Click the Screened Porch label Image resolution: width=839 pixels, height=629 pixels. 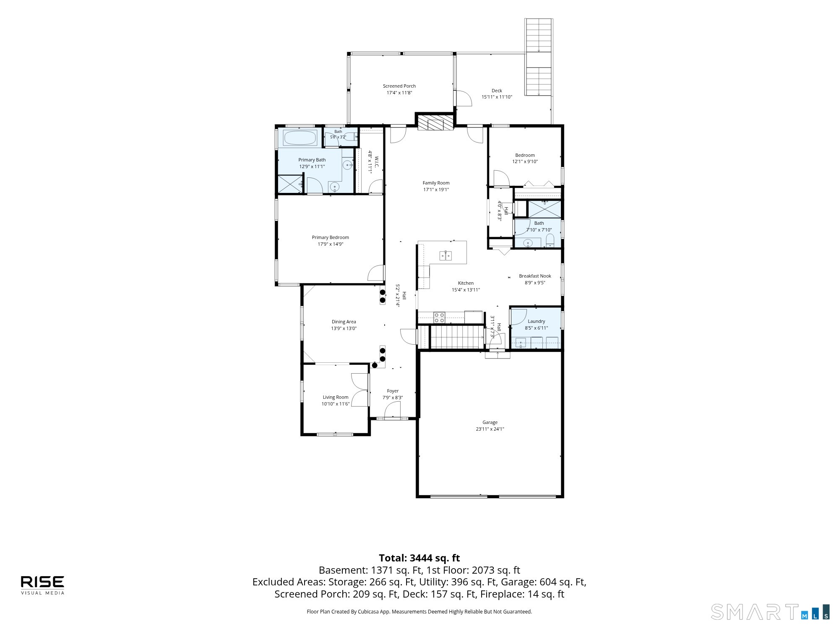[399, 86]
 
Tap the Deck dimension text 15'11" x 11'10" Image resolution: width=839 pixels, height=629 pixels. [497, 97]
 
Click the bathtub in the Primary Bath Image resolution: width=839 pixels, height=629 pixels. [300, 138]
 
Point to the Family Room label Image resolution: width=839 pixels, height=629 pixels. [436, 183]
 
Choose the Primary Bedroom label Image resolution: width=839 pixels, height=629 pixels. [331, 237]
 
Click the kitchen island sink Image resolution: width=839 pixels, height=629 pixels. [446, 255]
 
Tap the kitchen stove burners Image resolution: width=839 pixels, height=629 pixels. [439, 317]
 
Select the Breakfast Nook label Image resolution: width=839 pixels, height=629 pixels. [535, 276]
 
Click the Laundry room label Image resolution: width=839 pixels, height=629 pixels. [537, 321]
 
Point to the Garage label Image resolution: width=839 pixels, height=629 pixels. [490, 422]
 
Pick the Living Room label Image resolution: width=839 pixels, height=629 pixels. [336, 397]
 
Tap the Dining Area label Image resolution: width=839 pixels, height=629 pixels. [344, 322]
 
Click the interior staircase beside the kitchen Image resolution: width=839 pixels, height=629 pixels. [457, 337]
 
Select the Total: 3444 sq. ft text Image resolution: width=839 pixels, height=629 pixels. [419, 558]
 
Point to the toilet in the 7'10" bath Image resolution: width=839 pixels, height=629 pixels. [550, 241]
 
